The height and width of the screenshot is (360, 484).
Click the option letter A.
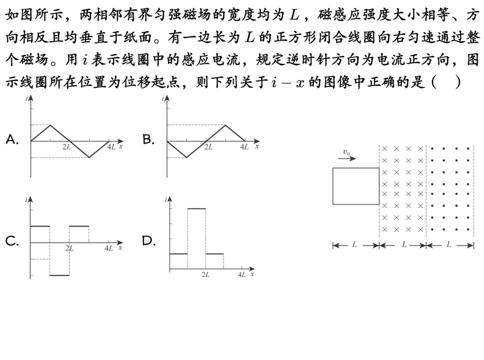pyautogui.click(x=12, y=140)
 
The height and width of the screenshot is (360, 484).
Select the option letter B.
pyautogui.click(x=148, y=140)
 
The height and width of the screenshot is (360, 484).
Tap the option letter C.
pyautogui.click(x=12, y=241)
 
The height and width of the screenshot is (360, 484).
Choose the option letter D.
pyautogui.click(x=149, y=241)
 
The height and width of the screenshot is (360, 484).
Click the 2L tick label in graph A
pyautogui.click(x=67, y=147)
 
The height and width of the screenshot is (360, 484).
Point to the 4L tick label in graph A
pyautogui.click(x=111, y=147)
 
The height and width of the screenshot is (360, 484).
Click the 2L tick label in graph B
pyautogui.click(x=208, y=147)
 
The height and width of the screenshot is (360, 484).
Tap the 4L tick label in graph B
pyautogui.click(x=244, y=147)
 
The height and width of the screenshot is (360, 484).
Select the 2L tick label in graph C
pyautogui.click(x=70, y=248)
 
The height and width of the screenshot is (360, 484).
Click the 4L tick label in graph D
pyautogui.click(x=241, y=275)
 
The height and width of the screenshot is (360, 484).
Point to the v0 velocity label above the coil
pyautogui.click(x=346, y=153)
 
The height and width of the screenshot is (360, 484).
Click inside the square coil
pyautogui.click(x=355, y=186)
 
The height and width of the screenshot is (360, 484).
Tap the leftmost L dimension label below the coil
pyautogui.click(x=355, y=244)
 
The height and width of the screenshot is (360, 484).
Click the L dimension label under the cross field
pyautogui.click(x=404, y=244)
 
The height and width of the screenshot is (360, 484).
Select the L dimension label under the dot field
pyautogui.click(x=449, y=244)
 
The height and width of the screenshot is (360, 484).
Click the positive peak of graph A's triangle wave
pyautogui.click(x=50, y=125)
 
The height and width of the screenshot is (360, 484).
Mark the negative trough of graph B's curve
pyautogui.click(x=186, y=157)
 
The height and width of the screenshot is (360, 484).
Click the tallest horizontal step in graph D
pyautogui.click(x=197, y=208)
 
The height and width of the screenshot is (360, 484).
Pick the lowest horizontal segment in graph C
pyautogui.click(x=59, y=275)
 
